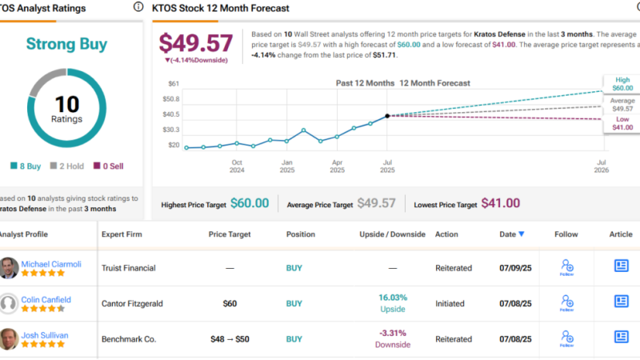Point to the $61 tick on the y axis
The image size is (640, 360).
coord(173,84)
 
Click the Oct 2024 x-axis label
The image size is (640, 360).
coord(237,166)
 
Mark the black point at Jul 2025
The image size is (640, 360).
coord(387,116)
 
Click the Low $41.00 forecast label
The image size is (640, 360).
coord(622,123)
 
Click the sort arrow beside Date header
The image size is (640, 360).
coord(522,234)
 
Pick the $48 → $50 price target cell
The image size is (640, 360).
coord(230,338)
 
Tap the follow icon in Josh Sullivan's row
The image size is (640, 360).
coord(566,337)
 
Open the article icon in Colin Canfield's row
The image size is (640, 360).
coord(621,302)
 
